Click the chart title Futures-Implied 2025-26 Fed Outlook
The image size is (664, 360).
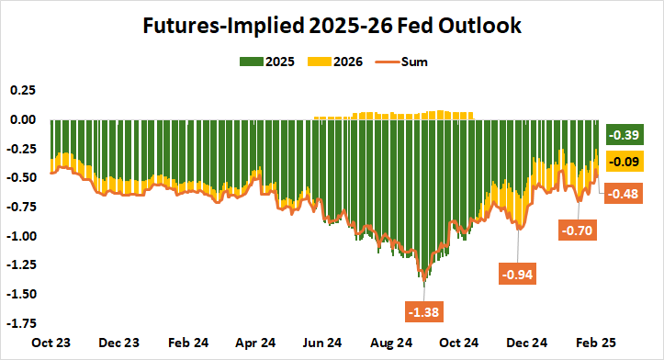(332, 26)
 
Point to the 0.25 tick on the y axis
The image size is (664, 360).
(21, 90)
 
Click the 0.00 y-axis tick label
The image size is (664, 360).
(21, 119)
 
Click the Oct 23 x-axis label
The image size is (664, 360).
(51, 343)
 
